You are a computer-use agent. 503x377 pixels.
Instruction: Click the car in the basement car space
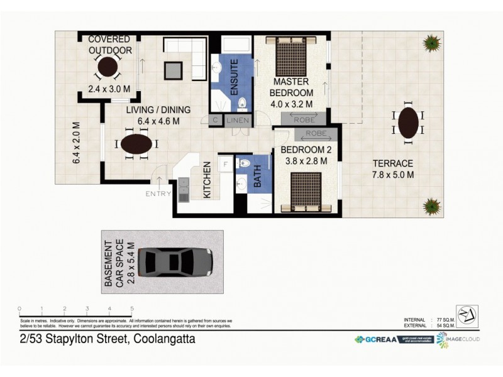click(175, 261)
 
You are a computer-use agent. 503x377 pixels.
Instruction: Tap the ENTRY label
click(158, 194)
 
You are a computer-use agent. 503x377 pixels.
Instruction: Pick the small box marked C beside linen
click(215, 120)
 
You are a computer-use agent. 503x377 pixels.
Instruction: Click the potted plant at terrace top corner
click(431, 43)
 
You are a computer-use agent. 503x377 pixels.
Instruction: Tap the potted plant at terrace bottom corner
click(431, 205)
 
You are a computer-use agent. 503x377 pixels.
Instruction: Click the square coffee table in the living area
click(174, 70)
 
